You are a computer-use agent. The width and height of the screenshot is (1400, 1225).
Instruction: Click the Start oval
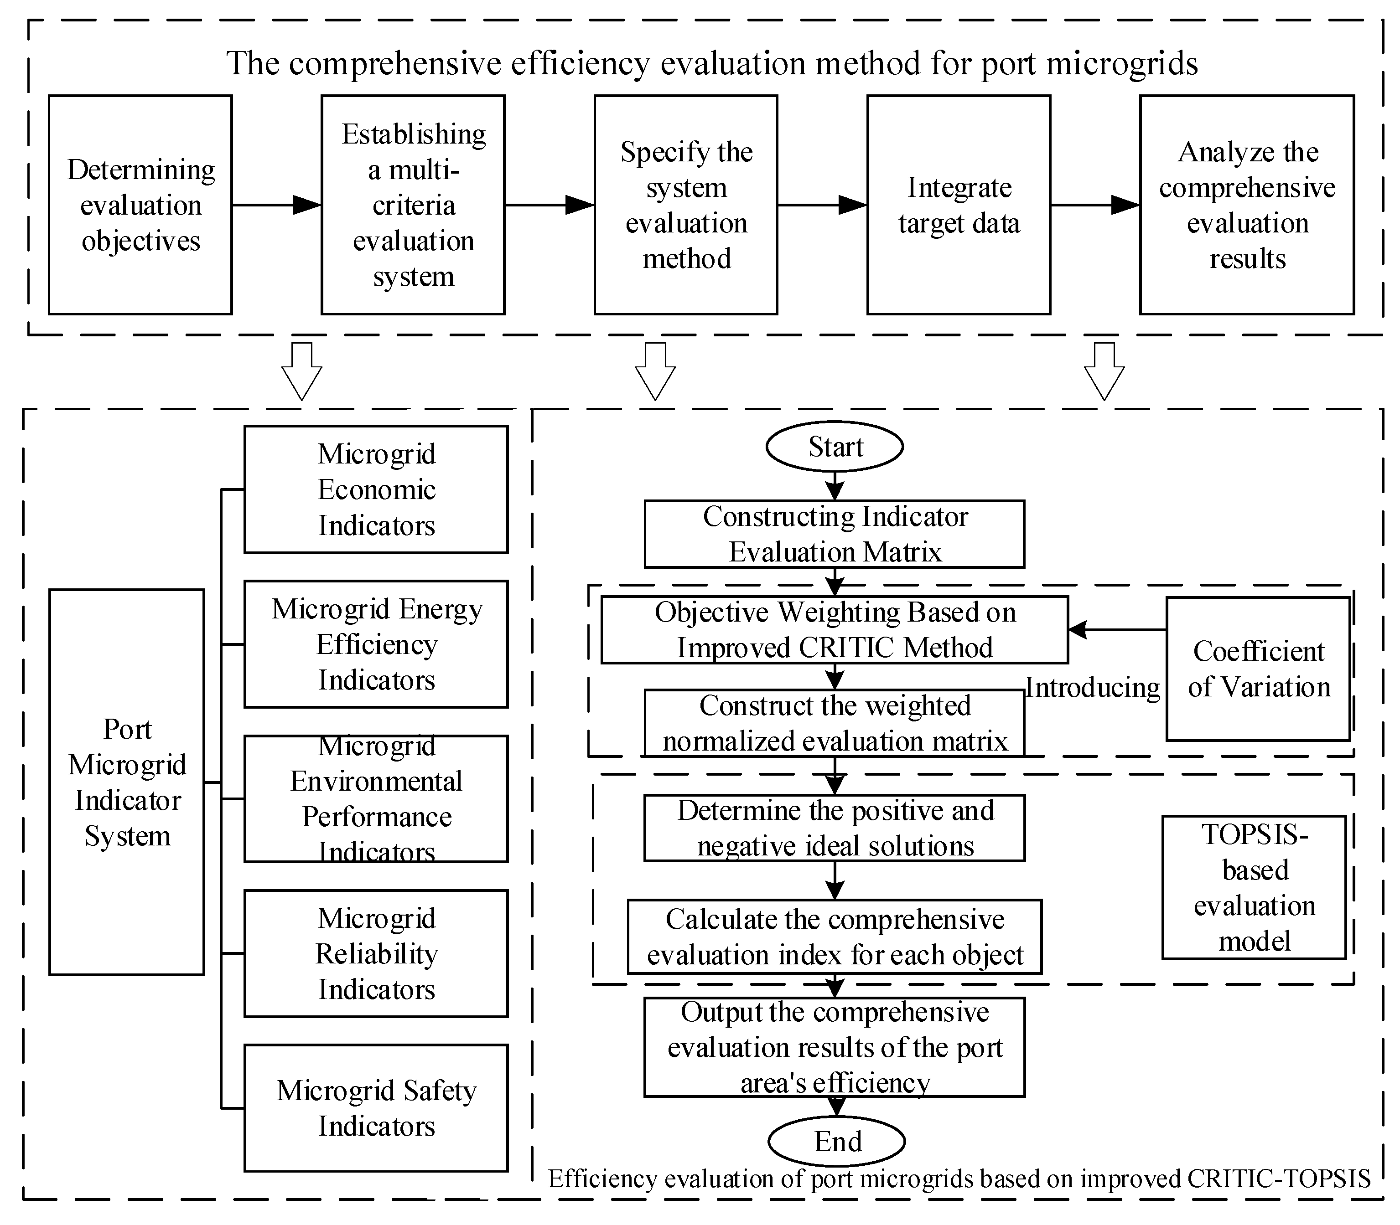pos(835,447)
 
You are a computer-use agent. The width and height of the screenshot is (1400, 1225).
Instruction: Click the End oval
pos(836,1141)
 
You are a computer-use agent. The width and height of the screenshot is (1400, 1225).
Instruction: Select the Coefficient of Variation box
pos(1258,669)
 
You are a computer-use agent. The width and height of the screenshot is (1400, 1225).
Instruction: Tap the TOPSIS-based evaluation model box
pos(1254,887)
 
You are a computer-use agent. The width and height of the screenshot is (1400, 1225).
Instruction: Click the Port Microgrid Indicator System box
pos(127,782)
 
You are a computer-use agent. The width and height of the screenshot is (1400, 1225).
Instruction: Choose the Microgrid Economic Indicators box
pos(376,489)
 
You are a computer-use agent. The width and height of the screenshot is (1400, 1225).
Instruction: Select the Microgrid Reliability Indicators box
pos(376,953)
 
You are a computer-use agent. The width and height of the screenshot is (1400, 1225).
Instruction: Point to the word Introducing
pos(1092,687)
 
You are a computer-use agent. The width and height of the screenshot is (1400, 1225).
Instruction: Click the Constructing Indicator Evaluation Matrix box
pos(835,534)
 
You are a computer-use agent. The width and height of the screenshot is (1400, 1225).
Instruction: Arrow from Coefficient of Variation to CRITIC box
pos(1116,630)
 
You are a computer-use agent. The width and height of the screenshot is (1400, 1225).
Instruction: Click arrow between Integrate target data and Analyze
pos(1094,204)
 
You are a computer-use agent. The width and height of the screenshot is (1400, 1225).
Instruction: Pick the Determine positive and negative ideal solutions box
pos(835,828)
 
